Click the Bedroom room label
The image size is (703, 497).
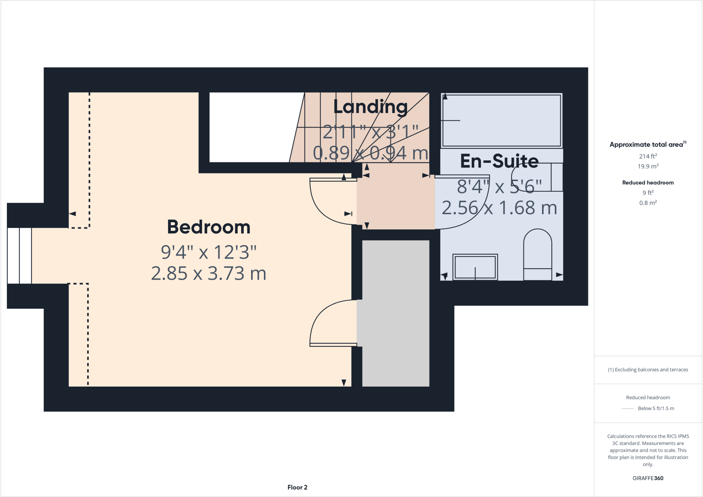click(209, 227)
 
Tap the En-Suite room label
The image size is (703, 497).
click(499, 161)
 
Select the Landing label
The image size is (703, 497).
click(370, 107)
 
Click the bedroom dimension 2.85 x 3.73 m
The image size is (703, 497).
click(209, 274)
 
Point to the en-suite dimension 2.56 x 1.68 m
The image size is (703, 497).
click(499, 208)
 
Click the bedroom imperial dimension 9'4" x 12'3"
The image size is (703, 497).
click(209, 252)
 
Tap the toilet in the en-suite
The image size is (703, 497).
click(537, 254)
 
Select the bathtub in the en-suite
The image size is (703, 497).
click(502, 120)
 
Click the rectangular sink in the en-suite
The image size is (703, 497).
click(475, 267)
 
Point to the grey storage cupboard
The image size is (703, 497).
click(395, 313)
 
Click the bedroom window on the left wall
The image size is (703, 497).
click(19, 255)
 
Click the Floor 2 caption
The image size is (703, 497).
click(297, 487)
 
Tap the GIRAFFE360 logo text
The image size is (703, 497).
click(648, 478)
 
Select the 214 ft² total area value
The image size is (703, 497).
click(648, 156)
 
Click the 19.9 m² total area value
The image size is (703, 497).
click(648, 166)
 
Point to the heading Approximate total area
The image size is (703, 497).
click(648, 144)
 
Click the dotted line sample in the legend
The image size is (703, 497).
click(628, 409)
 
